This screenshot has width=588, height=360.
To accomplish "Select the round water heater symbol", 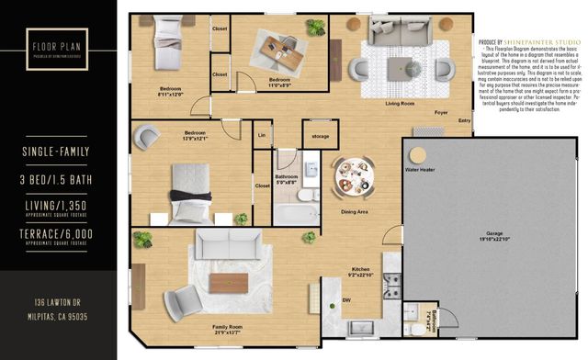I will (418, 152).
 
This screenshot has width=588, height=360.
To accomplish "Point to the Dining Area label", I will (354, 212).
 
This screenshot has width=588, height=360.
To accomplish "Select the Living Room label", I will (375, 104).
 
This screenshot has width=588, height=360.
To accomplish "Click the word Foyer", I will (416, 112).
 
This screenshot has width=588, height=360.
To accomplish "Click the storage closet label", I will (321, 136).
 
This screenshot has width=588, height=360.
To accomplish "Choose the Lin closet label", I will (262, 136).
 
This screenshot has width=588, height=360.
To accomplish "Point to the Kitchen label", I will (361, 268).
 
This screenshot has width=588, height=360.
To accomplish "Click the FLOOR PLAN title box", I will (57, 48).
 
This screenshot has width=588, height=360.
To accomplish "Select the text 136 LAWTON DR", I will (57, 302).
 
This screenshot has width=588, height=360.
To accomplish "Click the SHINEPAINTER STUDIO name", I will (542, 42).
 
